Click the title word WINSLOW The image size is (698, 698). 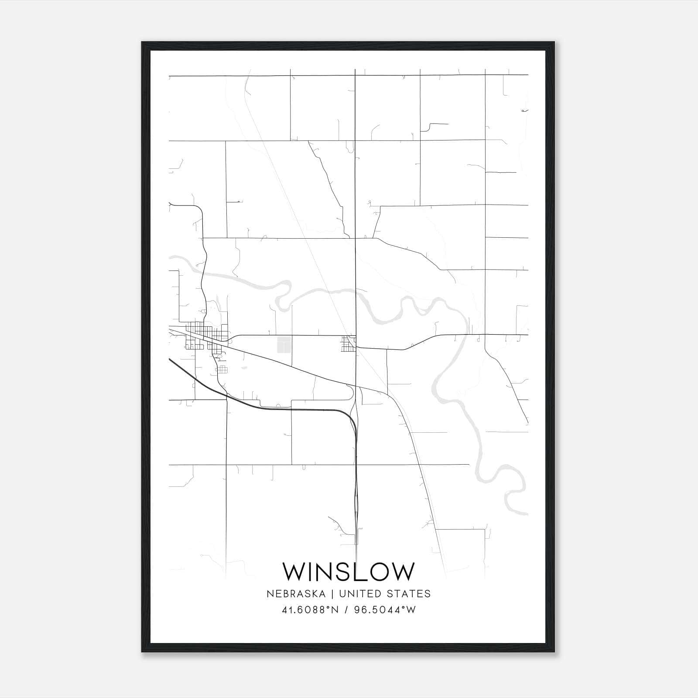pyautogui.click(x=348, y=571)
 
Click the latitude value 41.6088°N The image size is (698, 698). pyautogui.click(x=310, y=610)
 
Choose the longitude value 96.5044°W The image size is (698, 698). pyautogui.click(x=385, y=610)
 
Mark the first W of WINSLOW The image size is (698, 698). pyautogui.click(x=294, y=571)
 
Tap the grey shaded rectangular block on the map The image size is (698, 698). pyautogui.click(x=284, y=344)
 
